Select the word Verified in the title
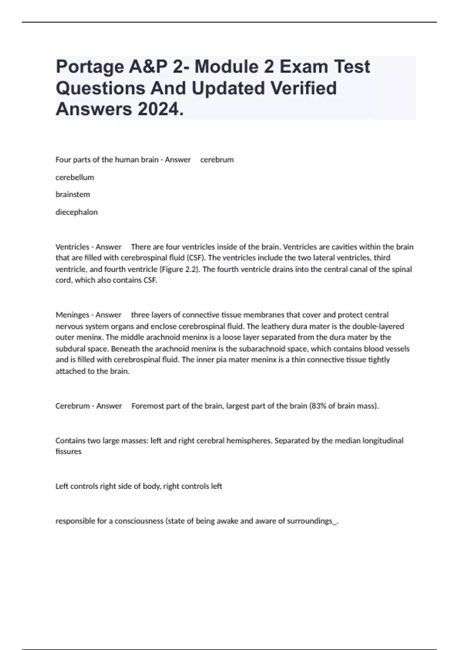(x=303, y=88)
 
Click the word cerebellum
(x=75, y=177)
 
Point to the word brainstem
(x=73, y=194)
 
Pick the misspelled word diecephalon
(x=76, y=212)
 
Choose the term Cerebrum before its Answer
(x=72, y=406)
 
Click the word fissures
(x=68, y=452)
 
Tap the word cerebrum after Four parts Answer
(x=217, y=160)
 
